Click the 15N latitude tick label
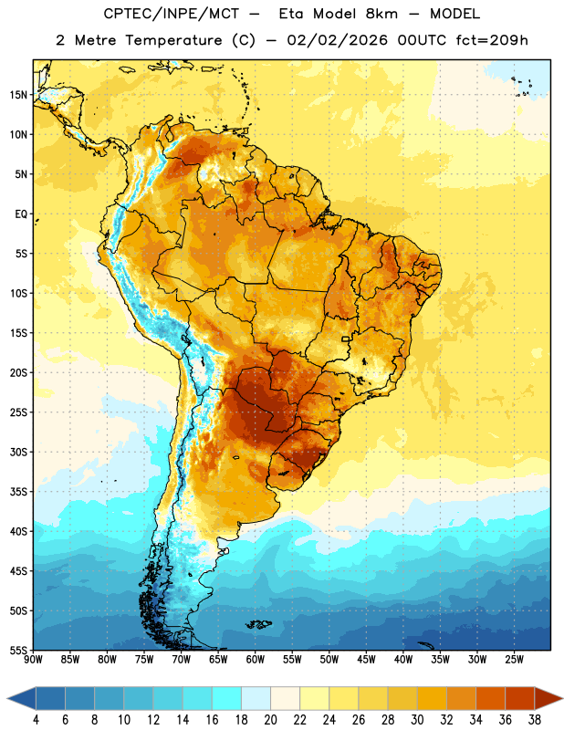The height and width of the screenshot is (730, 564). pyautogui.click(x=18, y=95)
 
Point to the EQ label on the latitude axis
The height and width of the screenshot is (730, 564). pyautogui.click(x=21, y=214)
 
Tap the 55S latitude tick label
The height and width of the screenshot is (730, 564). pyautogui.click(x=18, y=650)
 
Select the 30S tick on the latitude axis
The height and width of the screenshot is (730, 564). pyautogui.click(x=18, y=452)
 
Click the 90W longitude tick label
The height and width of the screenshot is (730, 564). pyautogui.click(x=33, y=660)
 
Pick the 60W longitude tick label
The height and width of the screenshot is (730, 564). pyautogui.click(x=256, y=660)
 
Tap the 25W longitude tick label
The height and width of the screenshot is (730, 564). pyautogui.click(x=514, y=660)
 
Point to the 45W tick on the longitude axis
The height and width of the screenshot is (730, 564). pyautogui.click(x=366, y=660)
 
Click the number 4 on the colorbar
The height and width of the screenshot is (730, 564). pyautogui.click(x=36, y=720)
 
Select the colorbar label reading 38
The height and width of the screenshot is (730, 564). pyautogui.click(x=535, y=720)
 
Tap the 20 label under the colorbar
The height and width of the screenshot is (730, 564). pyautogui.click(x=270, y=720)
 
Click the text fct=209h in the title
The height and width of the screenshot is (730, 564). pyautogui.click(x=492, y=40)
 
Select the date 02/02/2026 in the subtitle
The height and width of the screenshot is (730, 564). pyautogui.click(x=337, y=40)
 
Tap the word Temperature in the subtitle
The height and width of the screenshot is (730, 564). pyautogui.click(x=173, y=40)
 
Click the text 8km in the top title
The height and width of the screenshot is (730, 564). pyautogui.click(x=381, y=14)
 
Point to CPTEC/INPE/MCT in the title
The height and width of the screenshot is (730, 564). pyautogui.click(x=171, y=14)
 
